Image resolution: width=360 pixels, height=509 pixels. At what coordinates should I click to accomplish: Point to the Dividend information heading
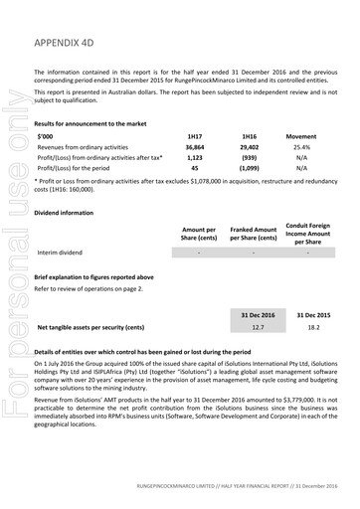(x=69, y=212)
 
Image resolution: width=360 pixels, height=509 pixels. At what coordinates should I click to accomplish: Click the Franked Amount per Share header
(x=253, y=233)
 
